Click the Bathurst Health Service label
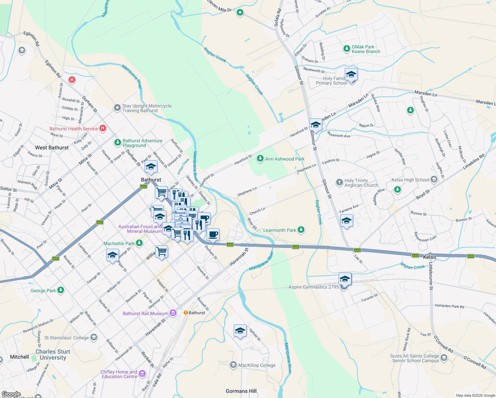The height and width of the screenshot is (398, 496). [74, 129]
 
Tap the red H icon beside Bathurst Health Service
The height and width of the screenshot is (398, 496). [103, 128]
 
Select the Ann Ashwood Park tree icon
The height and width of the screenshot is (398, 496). [260, 159]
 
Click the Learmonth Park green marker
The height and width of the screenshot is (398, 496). [301, 230]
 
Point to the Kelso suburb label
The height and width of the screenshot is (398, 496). [430, 257]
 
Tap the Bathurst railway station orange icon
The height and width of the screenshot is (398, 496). [186, 313]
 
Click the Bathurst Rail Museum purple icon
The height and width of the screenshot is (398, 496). [173, 313]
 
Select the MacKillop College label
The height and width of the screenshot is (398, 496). [257, 365]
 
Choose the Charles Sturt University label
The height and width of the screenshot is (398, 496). [53, 355]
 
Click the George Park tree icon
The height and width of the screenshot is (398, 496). [60, 290]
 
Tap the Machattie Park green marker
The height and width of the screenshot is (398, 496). [139, 243]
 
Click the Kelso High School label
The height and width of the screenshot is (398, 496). [410, 180]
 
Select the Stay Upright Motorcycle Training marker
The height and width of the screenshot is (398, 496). [117, 108]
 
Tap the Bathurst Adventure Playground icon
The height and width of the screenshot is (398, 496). [117, 143]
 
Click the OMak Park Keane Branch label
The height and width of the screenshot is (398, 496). [366, 49]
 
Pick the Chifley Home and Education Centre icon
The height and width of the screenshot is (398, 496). [142, 374]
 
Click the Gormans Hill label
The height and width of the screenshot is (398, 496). [241, 391]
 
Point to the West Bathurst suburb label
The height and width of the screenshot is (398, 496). [52, 148]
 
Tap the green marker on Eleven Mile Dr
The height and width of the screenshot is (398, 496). [240, 13]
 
